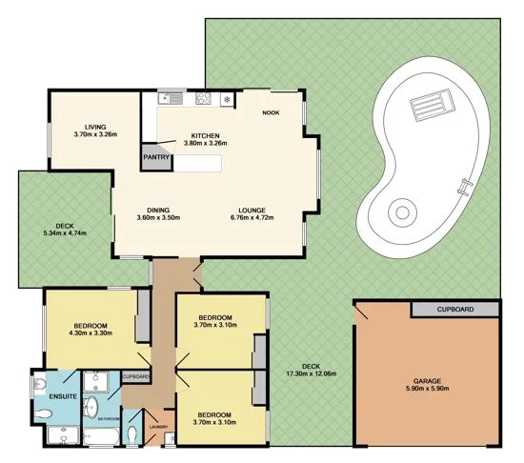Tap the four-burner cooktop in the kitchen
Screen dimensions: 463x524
point(203,97)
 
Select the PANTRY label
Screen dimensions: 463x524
point(155,158)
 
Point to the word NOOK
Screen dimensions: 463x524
point(271,112)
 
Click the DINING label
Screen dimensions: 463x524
point(158,210)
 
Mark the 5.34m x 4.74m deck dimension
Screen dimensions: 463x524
point(65,233)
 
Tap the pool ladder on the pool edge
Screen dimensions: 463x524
point(463,187)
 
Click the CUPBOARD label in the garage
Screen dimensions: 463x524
point(454,310)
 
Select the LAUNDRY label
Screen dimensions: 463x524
point(159,426)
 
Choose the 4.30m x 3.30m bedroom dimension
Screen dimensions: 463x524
point(91,332)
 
